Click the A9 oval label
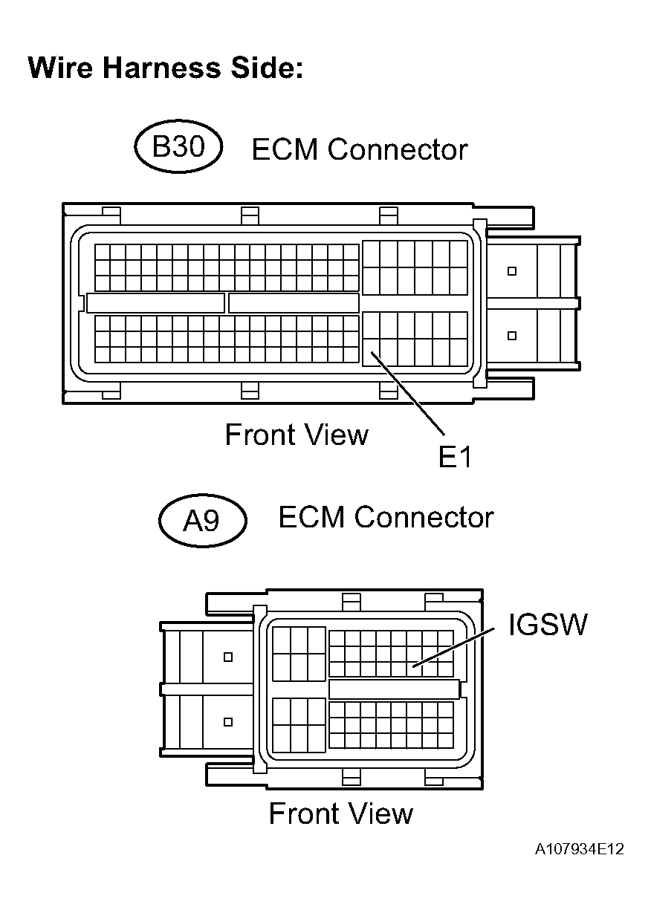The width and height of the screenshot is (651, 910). (x=202, y=519)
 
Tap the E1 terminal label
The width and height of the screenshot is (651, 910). (x=455, y=457)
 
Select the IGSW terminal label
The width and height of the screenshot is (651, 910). (x=548, y=625)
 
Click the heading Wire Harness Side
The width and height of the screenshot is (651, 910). (x=166, y=68)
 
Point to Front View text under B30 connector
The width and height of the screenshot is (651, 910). (x=297, y=435)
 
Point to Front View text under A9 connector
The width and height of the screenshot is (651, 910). (x=340, y=813)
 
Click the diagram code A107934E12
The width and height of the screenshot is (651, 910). (x=579, y=849)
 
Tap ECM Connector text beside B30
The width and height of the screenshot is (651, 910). (x=360, y=149)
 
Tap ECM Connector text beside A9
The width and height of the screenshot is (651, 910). (x=386, y=517)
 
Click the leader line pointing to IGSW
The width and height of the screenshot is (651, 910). (x=453, y=646)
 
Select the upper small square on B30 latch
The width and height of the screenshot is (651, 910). (x=512, y=271)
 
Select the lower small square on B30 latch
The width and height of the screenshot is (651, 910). (x=512, y=336)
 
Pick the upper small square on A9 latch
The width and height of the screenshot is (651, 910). (x=228, y=657)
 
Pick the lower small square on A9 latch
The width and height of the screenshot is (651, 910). (x=228, y=721)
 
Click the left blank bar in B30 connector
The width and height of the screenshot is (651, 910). (x=155, y=303)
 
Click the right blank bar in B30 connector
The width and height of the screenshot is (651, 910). (x=294, y=303)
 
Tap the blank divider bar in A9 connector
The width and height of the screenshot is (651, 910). (x=394, y=689)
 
